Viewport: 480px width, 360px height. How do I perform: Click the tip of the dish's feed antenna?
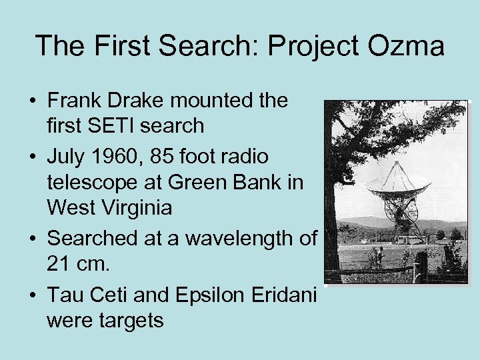pos(396,163)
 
